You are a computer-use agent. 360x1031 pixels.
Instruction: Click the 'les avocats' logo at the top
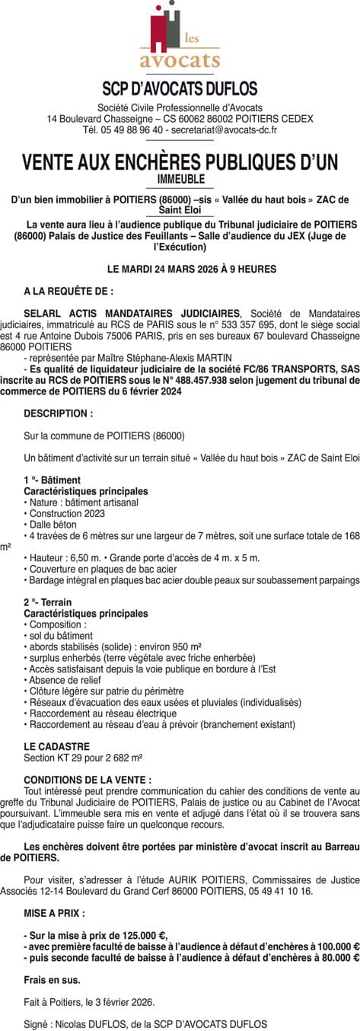[180, 38]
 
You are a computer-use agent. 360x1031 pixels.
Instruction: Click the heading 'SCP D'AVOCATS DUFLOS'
[180, 89]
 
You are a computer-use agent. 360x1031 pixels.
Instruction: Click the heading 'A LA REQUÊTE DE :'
[68, 291]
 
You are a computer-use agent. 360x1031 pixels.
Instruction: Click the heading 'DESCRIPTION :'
[59, 413]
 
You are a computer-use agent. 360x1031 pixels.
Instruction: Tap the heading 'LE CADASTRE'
[57, 747]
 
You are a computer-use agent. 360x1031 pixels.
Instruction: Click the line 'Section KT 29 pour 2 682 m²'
[84, 758]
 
